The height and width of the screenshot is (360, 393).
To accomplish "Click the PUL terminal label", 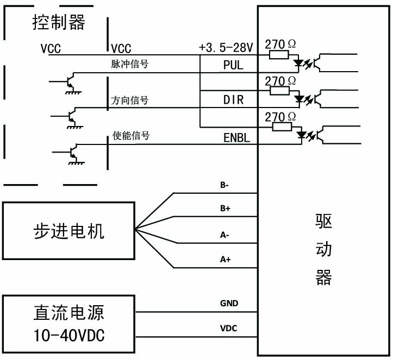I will point(234,65).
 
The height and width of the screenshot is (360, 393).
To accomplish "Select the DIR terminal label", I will point(234,100).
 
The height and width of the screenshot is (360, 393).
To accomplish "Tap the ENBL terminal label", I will point(236,138).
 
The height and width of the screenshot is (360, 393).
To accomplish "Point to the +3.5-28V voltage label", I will point(226,48).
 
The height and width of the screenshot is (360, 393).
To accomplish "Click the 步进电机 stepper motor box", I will point(68,231).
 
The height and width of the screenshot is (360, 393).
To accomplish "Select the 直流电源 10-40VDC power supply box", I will point(68,325).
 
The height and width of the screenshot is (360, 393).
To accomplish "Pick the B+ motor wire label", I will point(225,209).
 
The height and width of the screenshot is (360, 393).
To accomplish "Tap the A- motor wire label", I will point(224,235).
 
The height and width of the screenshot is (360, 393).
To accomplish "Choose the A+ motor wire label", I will point(225,260).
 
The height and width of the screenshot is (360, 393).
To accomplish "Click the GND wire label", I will point(229,304).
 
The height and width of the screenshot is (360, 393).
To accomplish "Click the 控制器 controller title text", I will point(59,23).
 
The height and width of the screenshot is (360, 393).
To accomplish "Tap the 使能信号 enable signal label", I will point(130,135).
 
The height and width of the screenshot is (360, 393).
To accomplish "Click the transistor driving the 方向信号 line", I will point(71,115).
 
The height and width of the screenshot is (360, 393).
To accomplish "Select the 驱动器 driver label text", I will point(323,250).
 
